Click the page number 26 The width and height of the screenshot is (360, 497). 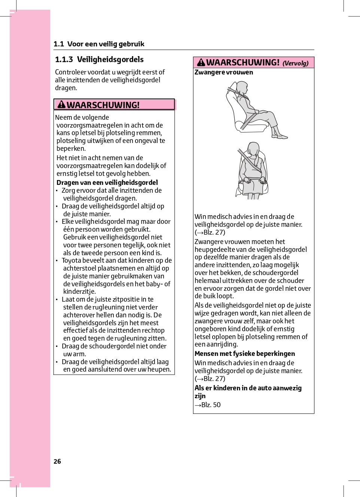(x=57, y=461)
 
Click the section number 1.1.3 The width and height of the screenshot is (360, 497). (x=64, y=60)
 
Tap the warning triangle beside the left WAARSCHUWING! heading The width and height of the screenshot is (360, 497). (x=61, y=104)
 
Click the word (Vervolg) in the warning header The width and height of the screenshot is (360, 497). (x=295, y=63)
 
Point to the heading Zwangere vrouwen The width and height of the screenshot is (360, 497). (x=224, y=72)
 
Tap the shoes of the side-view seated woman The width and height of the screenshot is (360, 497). (x=281, y=136)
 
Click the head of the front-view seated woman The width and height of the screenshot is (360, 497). (x=254, y=148)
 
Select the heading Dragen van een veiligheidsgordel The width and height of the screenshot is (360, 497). (x=107, y=183)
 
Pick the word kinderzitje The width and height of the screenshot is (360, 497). (x=79, y=292)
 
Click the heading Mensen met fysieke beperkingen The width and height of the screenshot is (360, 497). (x=245, y=354)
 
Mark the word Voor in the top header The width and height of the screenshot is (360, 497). (x=75, y=44)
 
